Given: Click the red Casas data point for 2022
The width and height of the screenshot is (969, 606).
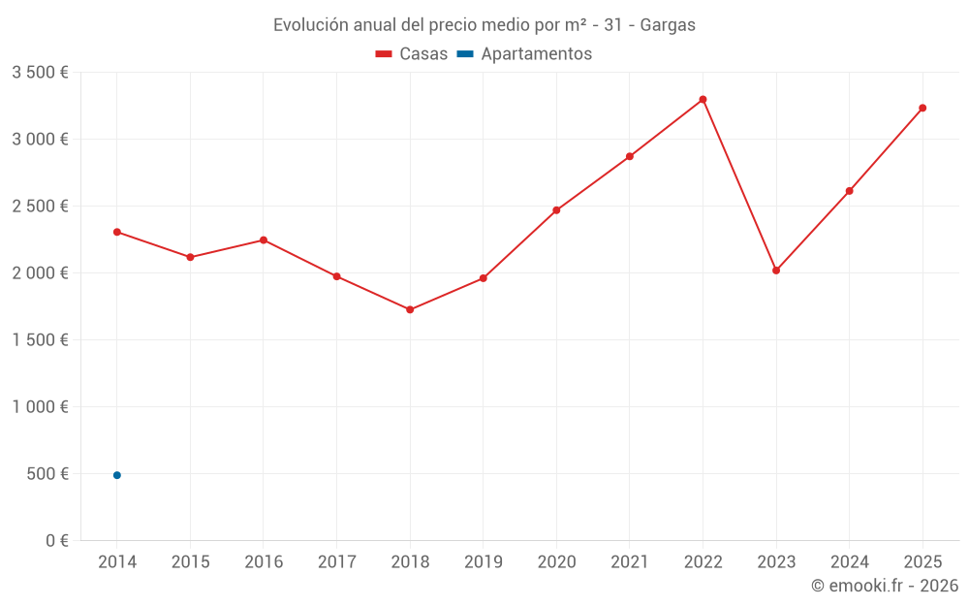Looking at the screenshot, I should pyautogui.click(x=703, y=100).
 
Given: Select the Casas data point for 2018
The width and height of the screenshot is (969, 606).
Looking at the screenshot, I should pyautogui.click(x=410, y=309).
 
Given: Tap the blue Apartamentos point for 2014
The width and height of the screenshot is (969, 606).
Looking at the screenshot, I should pyautogui.click(x=117, y=475).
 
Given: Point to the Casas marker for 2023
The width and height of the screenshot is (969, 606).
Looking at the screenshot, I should pyautogui.click(x=776, y=271).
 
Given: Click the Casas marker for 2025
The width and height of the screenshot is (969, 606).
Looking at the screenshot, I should pyautogui.click(x=922, y=108).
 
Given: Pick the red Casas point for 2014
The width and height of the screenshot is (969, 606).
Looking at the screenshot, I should pyautogui.click(x=117, y=232).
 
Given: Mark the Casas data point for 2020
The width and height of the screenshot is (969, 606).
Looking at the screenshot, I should pyautogui.click(x=556, y=210).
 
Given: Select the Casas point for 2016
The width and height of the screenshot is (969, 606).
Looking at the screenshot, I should pyautogui.click(x=264, y=239).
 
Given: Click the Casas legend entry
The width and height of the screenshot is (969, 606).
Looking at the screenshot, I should pyautogui.click(x=412, y=54).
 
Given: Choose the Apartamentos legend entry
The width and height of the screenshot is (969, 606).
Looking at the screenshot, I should pyautogui.click(x=524, y=54).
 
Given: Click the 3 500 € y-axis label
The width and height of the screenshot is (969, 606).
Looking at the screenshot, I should pyautogui.click(x=40, y=73).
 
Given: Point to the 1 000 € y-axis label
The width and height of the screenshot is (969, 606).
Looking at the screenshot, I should pyautogui.click(x=40, y=407).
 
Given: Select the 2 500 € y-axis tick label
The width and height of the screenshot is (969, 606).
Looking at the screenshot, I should pyautogui.click(x=40, y=207).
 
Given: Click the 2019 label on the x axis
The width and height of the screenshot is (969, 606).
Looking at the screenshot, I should pyautogui.click(x=483, y=562).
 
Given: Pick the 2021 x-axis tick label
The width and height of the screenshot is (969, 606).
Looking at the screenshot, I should pyautogui.click(x=629, y=562).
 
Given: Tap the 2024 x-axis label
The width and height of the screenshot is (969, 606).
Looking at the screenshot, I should pyautogui.click(x=849, y=562).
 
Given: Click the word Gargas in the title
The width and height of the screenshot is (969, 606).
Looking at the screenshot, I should pyautogui.click(x=668, y=25).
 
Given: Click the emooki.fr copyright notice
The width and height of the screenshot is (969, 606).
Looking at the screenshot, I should pyautogui.click(x=884, y=586).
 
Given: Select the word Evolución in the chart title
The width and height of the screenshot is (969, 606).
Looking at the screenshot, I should pyautogui.click(x=310, y=25).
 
